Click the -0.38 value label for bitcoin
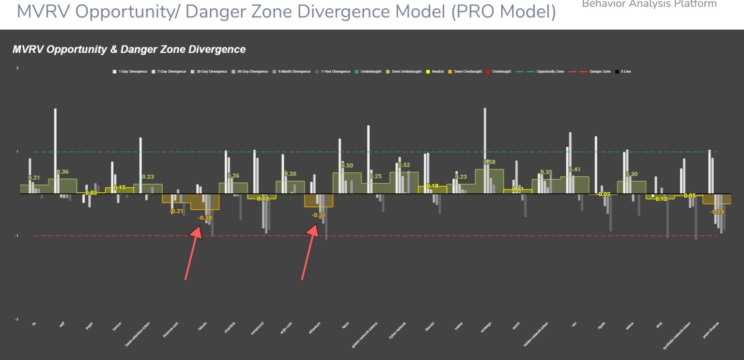[205, 218]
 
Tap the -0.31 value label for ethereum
[318, 215]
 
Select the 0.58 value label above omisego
[490, 162]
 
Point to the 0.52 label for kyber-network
[404, 165]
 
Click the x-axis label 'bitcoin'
[203, 327]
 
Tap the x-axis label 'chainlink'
[230, 328]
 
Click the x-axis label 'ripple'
[602, 326]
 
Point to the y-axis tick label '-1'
[17, 236]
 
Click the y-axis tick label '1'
[17, 152]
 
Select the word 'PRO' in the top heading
[473, 12]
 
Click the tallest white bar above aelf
[55, 145]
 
